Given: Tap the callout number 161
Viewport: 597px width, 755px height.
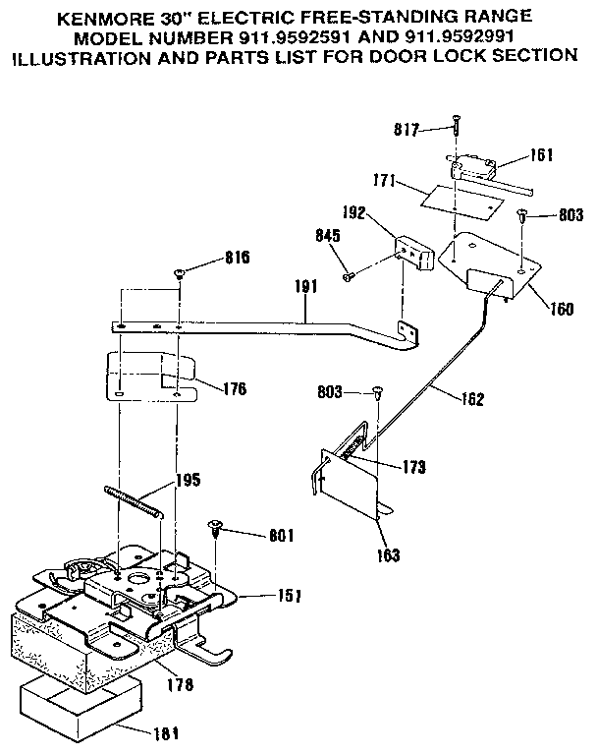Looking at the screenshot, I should click(541, 154).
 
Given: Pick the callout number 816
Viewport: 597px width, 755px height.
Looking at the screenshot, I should click(237, 259).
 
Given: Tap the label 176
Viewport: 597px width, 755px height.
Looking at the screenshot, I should click(234, 388).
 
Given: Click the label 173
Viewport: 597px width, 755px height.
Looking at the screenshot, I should click(412, 467).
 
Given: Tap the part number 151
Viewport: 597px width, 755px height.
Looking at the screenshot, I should click(288, 596).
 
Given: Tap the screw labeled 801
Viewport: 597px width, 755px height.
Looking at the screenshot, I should click(215, 529).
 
